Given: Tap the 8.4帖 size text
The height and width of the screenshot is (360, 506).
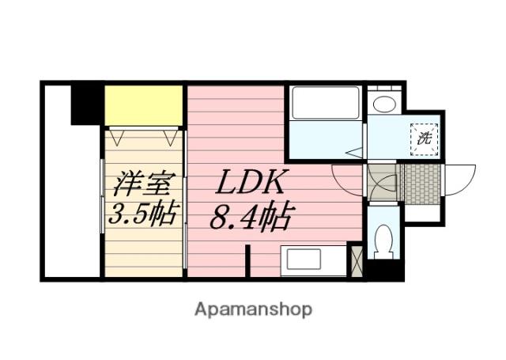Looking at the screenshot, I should pyautogui.click(x=251, y=216).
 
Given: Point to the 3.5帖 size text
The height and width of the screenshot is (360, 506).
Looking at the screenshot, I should pyautogui.click(x=143, y=214).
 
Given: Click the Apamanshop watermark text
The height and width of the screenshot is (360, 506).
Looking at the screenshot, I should pyautogui.click(x=253, y=309).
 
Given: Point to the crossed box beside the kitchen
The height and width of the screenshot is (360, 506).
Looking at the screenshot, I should pyautogui.click(x=356, y=260).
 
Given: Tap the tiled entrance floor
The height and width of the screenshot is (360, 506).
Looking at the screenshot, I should pyautogui.click(x=418, y=182).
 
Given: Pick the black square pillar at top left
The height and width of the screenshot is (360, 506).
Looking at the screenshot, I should pyautogui.click(x=86, y=104).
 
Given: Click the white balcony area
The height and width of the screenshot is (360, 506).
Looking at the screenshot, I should pyautogui.click(x=71, y=198).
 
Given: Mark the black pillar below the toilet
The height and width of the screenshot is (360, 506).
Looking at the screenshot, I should pyautogui.click(x=385, y=271).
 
